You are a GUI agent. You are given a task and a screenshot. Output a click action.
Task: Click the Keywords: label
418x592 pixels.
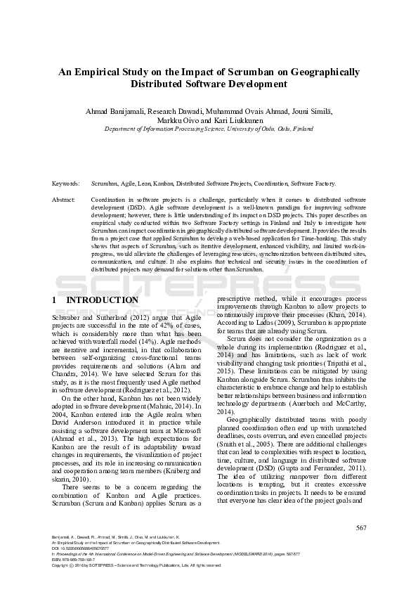(x=65, y=183)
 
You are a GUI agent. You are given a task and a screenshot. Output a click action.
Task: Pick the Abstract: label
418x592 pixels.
(x=64, y=200)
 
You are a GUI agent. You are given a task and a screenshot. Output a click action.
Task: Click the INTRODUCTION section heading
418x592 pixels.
(x=102, y=300)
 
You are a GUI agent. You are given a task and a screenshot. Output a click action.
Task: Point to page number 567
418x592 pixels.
(x=361, y=527)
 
